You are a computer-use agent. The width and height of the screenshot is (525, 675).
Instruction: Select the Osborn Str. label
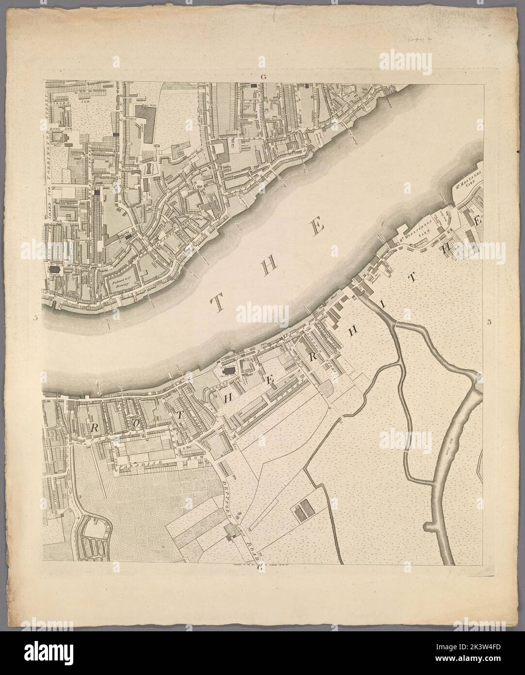pyautogui.click(x=68, y=103)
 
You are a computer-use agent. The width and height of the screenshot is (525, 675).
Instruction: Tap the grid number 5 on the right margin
pyautogui.click(x=490, y=319)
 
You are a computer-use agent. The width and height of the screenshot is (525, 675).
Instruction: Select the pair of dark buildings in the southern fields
pyautogui.click(x=302, y=509)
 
